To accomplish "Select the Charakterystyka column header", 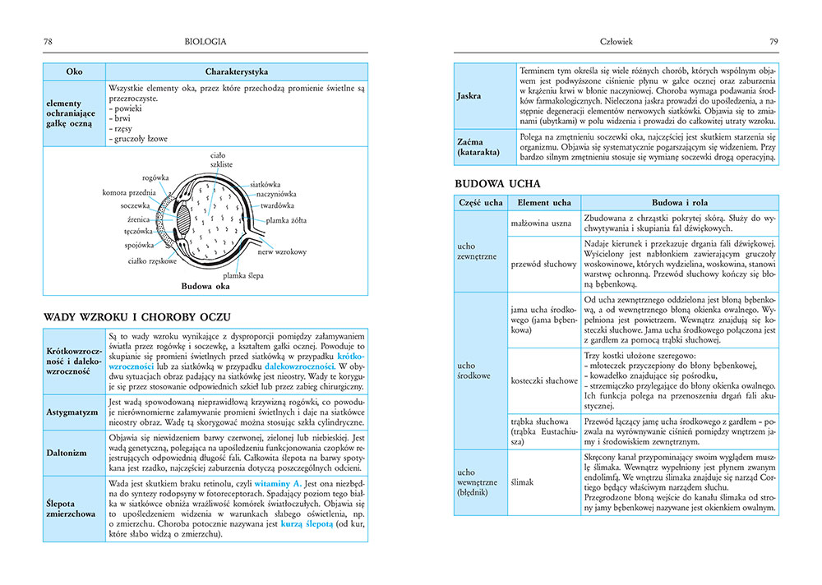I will (238, 71).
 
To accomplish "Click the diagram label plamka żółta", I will (286, 221).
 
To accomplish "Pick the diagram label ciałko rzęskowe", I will (152, 261).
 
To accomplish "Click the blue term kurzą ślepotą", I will (306, 523).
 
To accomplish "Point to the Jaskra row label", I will (469, 96).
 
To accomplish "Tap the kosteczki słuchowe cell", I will (543, 380).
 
